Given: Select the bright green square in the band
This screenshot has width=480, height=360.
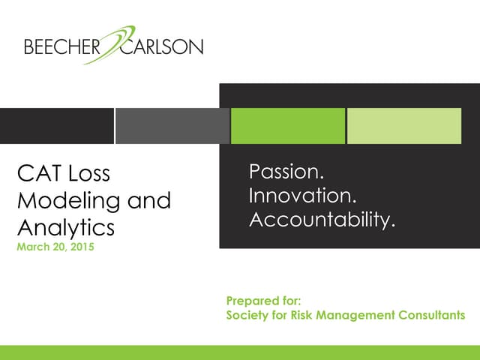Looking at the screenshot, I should (287, 125).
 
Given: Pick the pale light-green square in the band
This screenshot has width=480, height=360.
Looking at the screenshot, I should (404, 125).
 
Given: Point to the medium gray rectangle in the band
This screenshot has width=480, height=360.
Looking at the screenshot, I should (172, 125).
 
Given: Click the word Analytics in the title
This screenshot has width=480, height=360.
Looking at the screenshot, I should (65, 226).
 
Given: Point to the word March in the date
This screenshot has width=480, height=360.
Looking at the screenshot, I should (31, 247).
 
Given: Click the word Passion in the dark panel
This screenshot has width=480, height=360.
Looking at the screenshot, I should (286, 172).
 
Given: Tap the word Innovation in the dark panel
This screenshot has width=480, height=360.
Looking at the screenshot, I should (301, 196).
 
